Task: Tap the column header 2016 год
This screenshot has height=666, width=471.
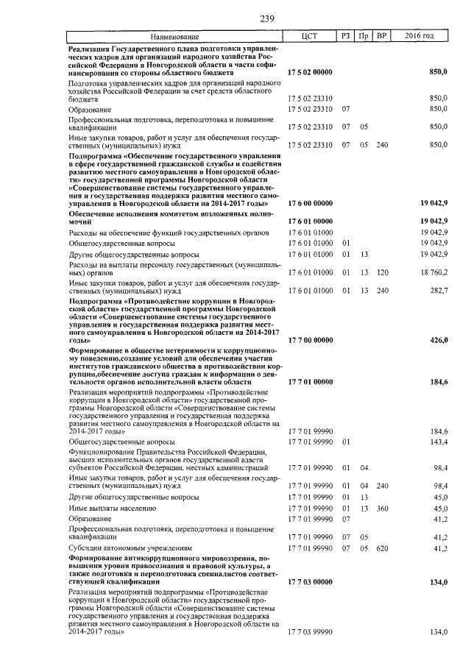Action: click(419, 36)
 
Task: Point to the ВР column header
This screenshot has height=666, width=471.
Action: click(381, 36)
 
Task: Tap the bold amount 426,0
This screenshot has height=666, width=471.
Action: click(438, 341)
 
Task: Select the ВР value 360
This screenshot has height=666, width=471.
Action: click(381, 508)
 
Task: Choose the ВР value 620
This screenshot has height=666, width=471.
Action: click(381, 548)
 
